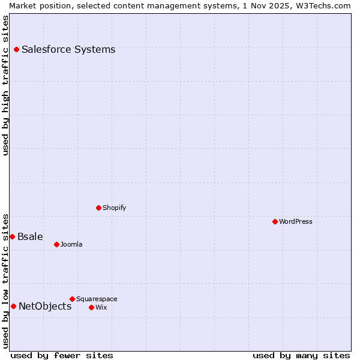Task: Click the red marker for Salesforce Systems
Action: (16, 49)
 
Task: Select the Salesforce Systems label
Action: (68, 49)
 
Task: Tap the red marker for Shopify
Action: (98, 208)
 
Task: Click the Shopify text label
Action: (114, 208)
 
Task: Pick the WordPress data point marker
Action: (275, 221)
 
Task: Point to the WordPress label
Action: (296, 221)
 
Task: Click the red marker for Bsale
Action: (12, 236)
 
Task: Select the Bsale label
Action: (30, 236)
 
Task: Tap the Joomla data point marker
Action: (56, 244)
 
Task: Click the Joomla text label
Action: (71, 244)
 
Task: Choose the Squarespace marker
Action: (72, 299)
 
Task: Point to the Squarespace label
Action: (97, 299)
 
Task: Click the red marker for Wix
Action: (91, 307)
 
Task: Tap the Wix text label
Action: (101, 307)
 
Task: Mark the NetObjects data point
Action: (13, 306)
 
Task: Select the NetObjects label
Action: (45, 306)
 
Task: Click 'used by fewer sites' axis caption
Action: (62, 355)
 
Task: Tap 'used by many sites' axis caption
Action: (301, 355)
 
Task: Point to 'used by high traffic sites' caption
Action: (5, 85)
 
